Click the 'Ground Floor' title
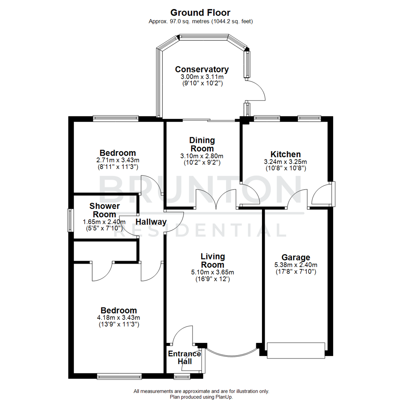[201, 13]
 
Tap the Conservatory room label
[202, 69]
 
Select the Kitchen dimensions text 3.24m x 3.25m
[285, 162]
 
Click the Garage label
[296, 257]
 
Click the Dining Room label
[202, 144]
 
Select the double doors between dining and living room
[216, 199]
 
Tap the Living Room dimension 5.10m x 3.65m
[212, 272]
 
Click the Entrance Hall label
[184, 357]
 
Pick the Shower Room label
[104, 210]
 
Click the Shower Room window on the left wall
[70, 221]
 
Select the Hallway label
[151, 222]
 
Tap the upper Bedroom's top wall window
[116, 119]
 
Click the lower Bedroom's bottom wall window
[119, 376]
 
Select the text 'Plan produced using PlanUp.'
[201, 397]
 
